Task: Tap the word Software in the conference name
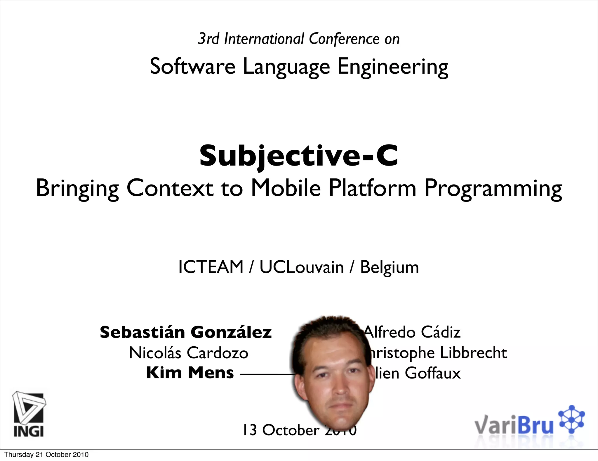tap(192, 66)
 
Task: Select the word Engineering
tap(393, 67)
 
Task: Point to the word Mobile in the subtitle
tap(286, 188)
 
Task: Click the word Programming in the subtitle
tap(493, 189)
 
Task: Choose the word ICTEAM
tap(211, 267)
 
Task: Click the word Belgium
tap(390, 267)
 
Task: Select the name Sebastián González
tap(186, 332)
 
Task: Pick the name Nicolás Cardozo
tap(189, 353)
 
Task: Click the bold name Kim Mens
tap(190, 373)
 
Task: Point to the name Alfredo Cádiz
tap(412, 332)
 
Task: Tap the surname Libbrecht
tap(473, 353)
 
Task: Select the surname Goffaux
tap(433, 373)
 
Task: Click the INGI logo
tap(29, 414)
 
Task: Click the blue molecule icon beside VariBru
tap(571, 419)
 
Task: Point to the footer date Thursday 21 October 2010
tap(46, 455)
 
